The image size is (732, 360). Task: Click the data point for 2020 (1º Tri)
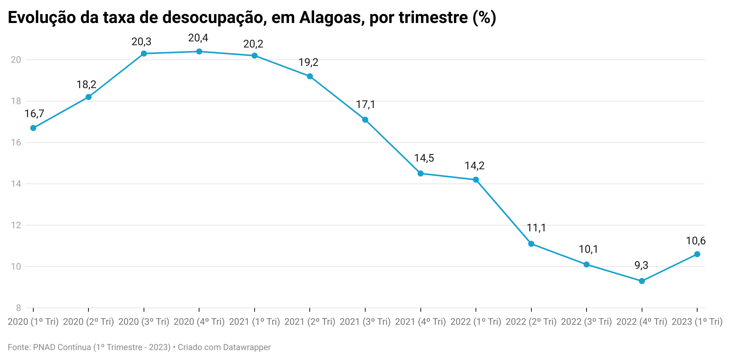(x=33, y=128)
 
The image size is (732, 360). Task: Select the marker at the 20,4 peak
(x=199, y=52)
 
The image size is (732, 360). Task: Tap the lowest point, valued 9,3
(x=642, y=281)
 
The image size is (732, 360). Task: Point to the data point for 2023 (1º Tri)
(x=697, y=254)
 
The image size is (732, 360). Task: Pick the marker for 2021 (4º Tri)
(x=420, y=173)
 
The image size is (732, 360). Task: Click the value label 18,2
(x=87, y=85)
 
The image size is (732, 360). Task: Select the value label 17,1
(x=365, y=105)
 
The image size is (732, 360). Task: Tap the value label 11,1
(x=536, y=228)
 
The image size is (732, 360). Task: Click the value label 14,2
(x=474, y=166)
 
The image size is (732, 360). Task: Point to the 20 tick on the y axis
(x=16, y=60)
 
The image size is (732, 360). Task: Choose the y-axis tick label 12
(x=16, y=225)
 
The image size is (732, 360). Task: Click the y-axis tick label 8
(x=18, y=308)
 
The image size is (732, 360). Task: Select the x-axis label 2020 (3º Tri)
(x=144, y=322)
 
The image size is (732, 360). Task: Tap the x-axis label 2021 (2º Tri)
(x=310, y=322)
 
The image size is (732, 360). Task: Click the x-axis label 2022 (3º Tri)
(x=586, y=322)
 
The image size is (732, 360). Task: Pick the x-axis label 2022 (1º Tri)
(x=475, y=322)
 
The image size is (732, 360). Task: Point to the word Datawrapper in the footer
(x=247, y=347)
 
